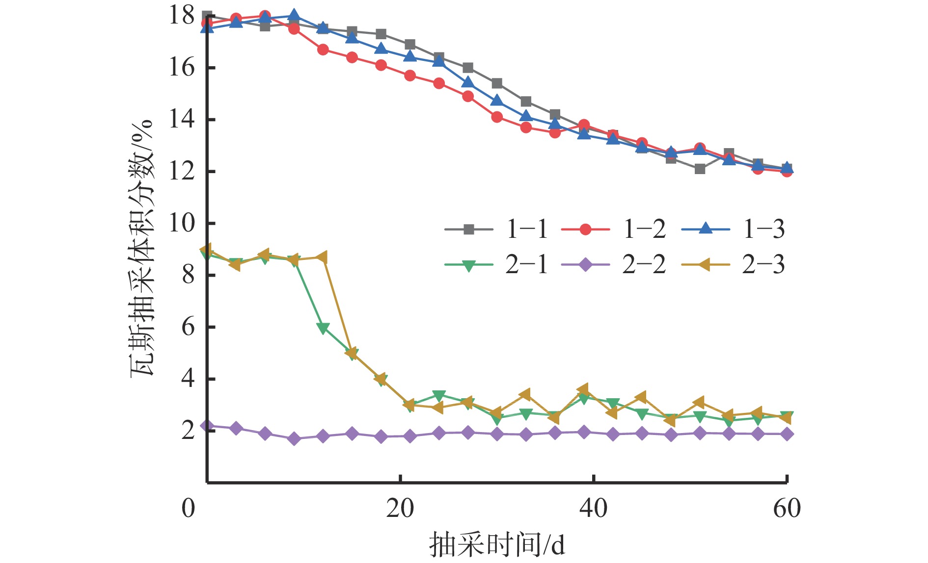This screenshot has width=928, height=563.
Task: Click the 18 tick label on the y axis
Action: coord(182,15)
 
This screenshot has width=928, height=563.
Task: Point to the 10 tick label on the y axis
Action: coord(182,223)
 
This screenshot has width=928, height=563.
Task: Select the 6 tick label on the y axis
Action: coord(188,327)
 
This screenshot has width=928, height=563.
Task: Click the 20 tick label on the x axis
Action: coord(400,509)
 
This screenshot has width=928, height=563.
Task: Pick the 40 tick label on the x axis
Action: coord(594,509)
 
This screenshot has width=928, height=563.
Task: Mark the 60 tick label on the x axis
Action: coord(787,509)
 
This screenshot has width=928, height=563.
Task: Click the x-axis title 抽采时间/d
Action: coord(497,544)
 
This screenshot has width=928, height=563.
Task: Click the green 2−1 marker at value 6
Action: coord(323,328)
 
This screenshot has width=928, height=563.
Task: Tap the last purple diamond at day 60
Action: coord(787,434)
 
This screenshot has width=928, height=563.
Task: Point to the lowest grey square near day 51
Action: coord(700,169)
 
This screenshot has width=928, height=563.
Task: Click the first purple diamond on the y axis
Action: coord(207,426)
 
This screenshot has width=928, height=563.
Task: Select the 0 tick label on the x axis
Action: coord(188,509)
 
